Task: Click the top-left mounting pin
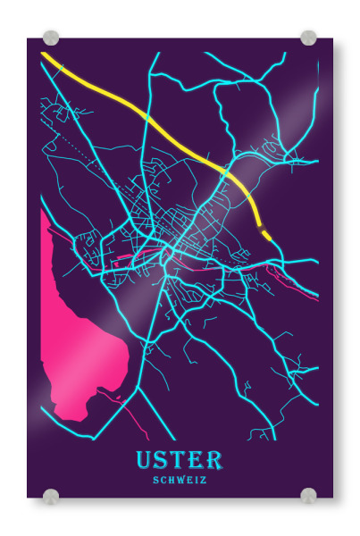pyautogui.click(x=51, y=38)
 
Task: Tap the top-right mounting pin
pyautogui.click(x=308, y=38)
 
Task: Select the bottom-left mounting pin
pyautogui.click(x=51, y=496)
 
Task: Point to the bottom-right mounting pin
pyautogui.click(x=308, y=496)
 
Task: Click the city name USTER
pyautogui.click(x=179, y=460)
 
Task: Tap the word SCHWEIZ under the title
pyautogui.click(x=180, y=480)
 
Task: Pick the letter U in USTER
pyautogui.click(x=146, y=460)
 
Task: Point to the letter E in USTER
pyautogui.click(x=196, y=460)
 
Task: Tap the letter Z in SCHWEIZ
pyautogui.click(x=204, y=480)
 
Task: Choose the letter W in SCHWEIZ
pyautogui.click(x=180, y=480)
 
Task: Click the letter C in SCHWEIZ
pyautogui.click(x=163, y=480)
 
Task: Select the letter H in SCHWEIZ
pyautogui.click(x=172, y=480)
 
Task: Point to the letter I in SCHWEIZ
pyautogui.click(x=197, y=480)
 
